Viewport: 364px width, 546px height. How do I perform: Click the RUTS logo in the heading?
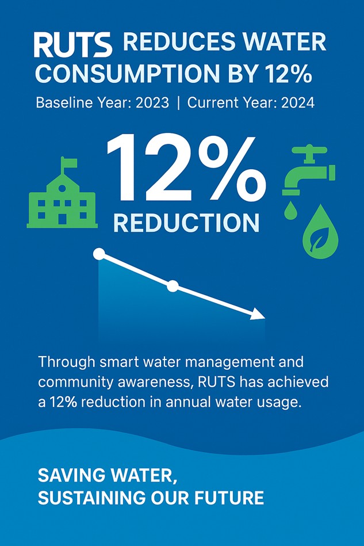[72, 44]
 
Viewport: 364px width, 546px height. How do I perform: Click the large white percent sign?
[227, 169]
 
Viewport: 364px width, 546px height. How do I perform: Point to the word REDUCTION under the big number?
[186, 223]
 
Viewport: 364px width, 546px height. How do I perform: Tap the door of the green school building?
[62, 219]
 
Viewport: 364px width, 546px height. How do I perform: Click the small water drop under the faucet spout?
[290, 211]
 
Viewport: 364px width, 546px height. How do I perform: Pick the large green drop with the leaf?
[320, 234]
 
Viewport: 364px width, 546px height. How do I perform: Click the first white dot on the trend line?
[99, 254]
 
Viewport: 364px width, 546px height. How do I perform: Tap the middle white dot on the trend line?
[173, 286]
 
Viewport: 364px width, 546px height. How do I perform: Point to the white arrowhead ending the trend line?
[258, 314]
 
